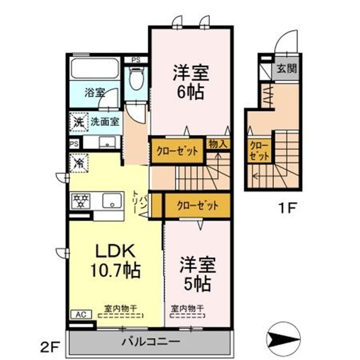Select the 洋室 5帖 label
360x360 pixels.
pyautogui.click(x=195, y=273)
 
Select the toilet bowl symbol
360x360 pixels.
pyautogui.click(x=136, y=79)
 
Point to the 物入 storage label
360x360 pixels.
pyautogui.click(x=217, y=144)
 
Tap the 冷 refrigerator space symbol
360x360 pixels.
pyautogui.click(x=78, y=163)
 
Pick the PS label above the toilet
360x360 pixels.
pyautogui.click(x=136, y=60)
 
